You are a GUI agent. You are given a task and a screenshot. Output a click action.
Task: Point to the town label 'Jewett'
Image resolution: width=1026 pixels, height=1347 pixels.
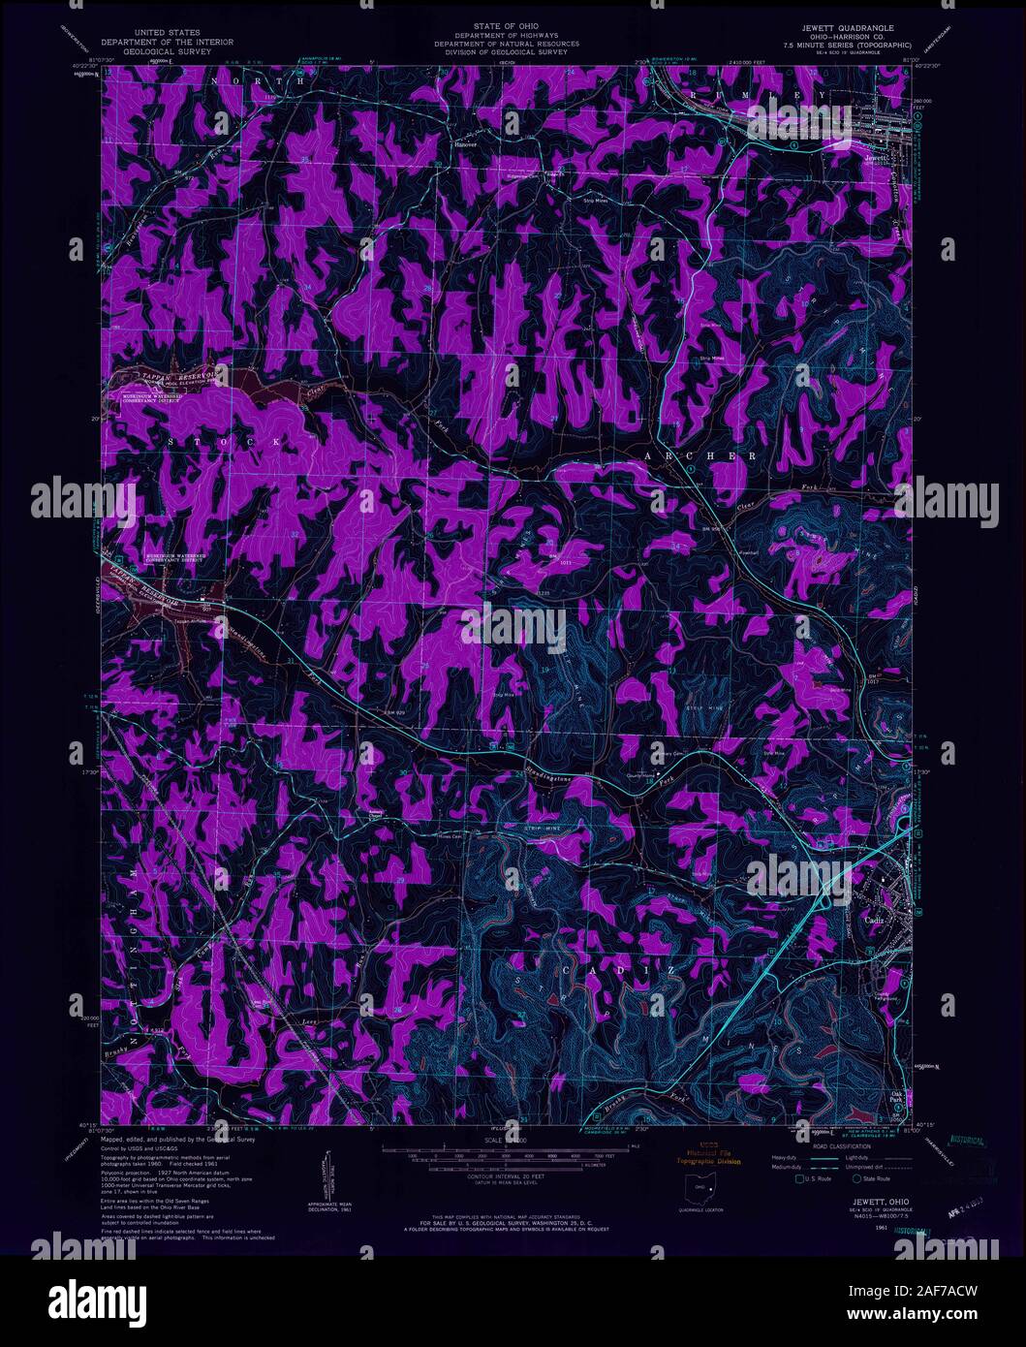(875, 155)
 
